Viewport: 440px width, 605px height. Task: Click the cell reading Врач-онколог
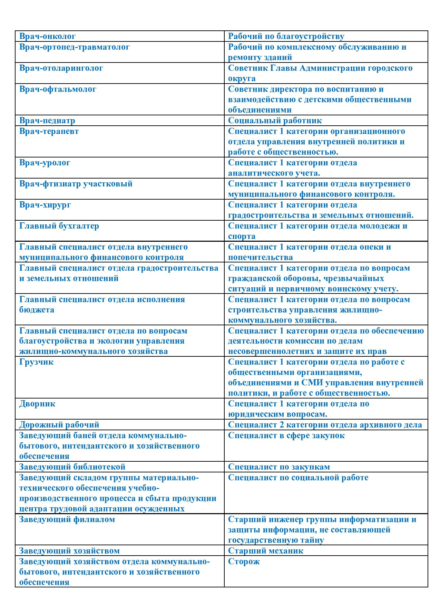(x=47, y=36)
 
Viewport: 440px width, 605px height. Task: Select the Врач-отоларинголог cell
(x=61, y=68)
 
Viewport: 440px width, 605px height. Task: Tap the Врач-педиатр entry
(x=47, y=121)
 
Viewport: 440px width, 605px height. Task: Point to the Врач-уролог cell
(x=45, y=163)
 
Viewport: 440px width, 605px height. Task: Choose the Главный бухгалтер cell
(x=59, y=226)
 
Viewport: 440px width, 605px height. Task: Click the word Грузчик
(x=36, y=362)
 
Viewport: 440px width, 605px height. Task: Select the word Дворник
(x=37, y=404)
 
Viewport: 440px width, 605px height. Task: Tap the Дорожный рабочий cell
(x=59, y=425)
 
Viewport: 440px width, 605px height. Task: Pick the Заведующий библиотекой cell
(x=72, y=467)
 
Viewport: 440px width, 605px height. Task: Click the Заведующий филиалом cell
(x=67, y=519)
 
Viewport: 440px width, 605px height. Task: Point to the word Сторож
(x=244, y=561)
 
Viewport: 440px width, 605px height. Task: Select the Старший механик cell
(x=265, y=551)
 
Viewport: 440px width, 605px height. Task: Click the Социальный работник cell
(x=275, y=121)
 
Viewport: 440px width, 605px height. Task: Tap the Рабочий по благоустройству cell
(x=286, y=36)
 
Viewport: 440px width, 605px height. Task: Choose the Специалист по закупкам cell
(x=279, y=467)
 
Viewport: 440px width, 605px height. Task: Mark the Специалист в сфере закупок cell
(x=286, y=435)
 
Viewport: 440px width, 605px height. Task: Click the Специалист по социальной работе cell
(x=298, y=478)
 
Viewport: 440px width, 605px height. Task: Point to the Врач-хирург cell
(x=45, y=205)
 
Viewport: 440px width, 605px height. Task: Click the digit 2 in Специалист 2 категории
(x=282, y=425)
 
